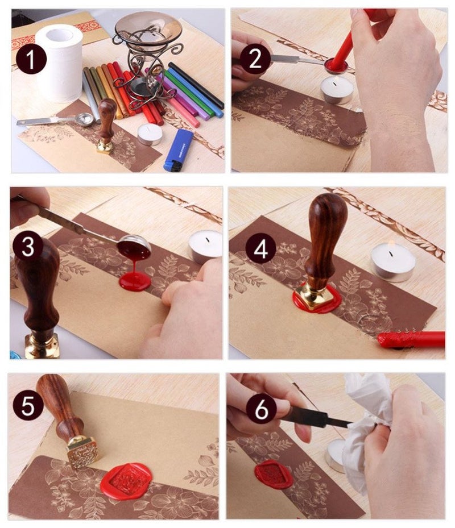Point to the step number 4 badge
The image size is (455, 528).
pyautogui.click(x=261, y=248)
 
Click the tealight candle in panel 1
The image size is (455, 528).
pyautogui.click(x=150, y=134)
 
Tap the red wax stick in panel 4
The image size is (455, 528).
pyautogui.click(x=412, y=340)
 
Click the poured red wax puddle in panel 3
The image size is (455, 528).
pyautogui.click(x=135, y=281)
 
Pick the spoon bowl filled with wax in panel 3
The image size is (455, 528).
pyautogui.click(x=134, y=248)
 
